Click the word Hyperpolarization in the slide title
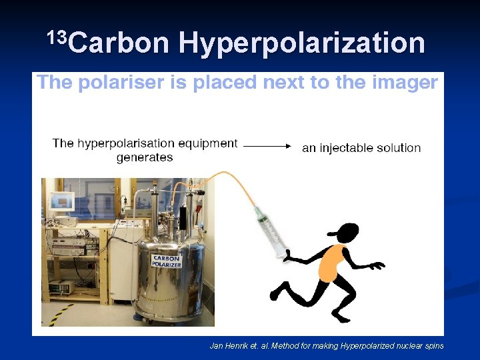coord(301,43)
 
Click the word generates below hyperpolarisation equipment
coord(144,158)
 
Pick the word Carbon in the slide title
coord(118,43)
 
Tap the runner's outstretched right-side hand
coord(378,265)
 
